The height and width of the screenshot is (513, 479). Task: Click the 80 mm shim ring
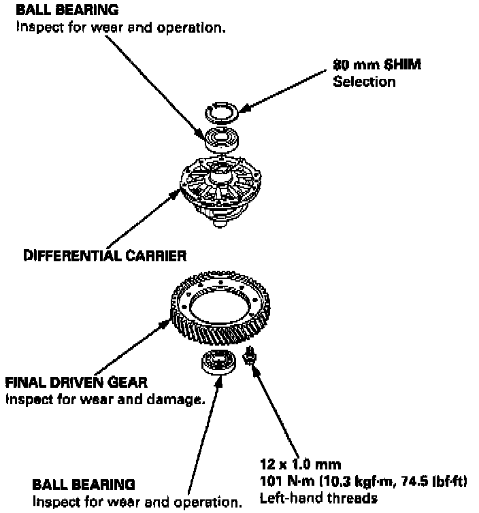click(222, 114)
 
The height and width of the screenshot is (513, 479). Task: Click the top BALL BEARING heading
click(67, 10)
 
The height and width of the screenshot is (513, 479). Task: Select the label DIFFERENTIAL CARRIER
click(105, 256)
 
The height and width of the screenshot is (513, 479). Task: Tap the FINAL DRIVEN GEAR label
click(76, 382)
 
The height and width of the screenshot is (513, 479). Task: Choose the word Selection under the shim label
click(364, 82)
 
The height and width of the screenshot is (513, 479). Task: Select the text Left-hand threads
click(318, 499)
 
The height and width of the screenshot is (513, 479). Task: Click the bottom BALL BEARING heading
click(84, 484)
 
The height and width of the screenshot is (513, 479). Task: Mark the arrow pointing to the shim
click(286, 89)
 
